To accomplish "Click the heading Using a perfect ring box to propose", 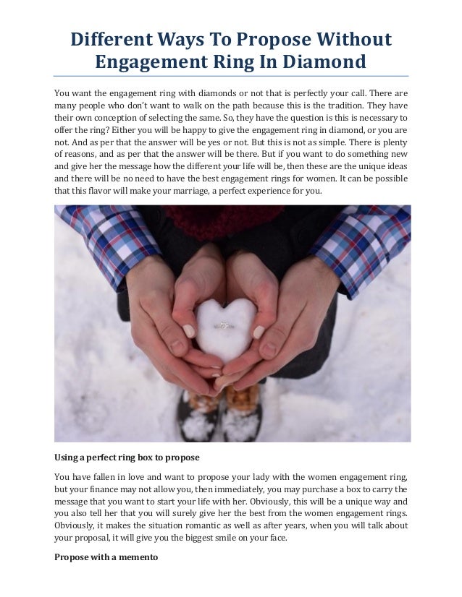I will pos(127,458).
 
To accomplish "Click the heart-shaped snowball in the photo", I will pos(225,329).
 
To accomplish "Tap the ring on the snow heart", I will pos(225,326).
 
